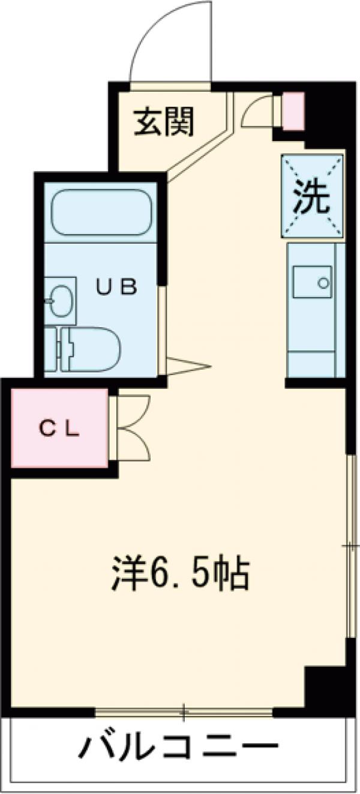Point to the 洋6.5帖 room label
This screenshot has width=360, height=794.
180,574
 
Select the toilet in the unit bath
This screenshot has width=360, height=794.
90,349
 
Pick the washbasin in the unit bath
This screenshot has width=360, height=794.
60,297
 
